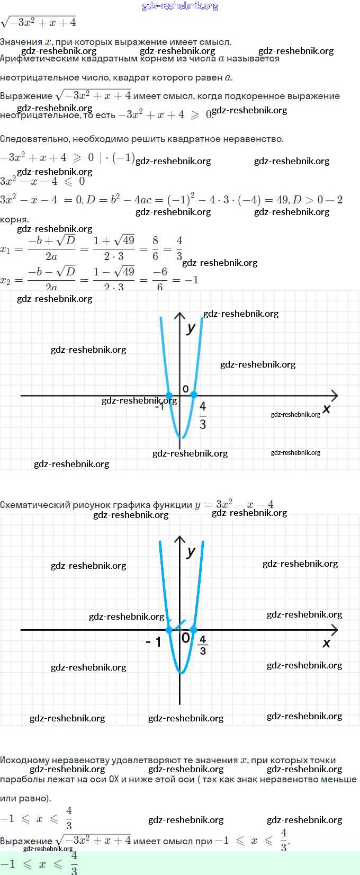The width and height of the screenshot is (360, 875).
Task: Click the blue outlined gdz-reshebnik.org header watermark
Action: pyautogui.click(x=180, y=6)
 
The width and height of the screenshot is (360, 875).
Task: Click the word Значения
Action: pyautogui.click(x=21, y=42)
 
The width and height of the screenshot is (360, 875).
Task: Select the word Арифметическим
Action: pyautogui.click(x=40, y=59)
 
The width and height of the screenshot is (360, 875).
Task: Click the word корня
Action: pyautogui.click(x=14, y=219)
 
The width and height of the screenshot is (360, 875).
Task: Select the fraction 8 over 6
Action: pyautogui.click(x=155, y=248)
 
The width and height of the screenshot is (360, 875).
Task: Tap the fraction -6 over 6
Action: pyautogui.click(x=160, y=279)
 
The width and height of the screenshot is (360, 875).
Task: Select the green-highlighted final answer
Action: pyautogui.click(x=40, y=863)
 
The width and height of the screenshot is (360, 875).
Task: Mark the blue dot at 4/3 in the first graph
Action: pyautogui.click(x=193, y=395)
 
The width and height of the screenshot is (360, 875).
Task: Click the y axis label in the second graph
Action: pyautogui.click(x=191, y=551)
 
